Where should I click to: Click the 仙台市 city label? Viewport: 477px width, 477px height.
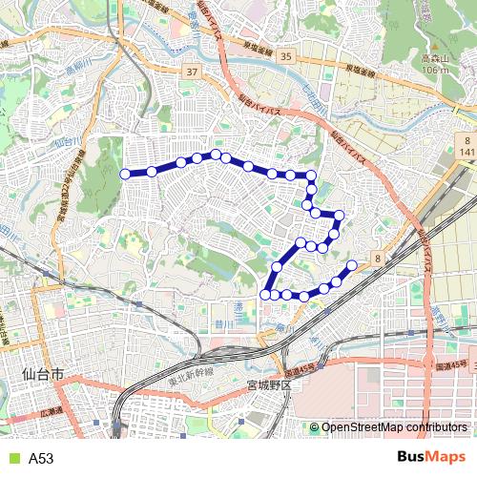(41, 376)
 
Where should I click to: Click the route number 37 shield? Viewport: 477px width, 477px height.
(193, 73)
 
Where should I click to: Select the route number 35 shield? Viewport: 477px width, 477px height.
(286, 57)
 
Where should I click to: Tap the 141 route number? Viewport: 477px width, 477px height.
(466, 152)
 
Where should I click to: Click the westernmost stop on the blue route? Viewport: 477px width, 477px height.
(124, 174)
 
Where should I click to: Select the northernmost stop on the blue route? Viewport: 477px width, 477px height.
(217, 154)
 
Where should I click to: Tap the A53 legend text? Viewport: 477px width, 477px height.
(41, 459)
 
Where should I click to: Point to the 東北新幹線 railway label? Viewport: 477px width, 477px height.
(193, 376)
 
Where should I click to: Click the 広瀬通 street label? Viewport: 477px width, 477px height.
(54, 412)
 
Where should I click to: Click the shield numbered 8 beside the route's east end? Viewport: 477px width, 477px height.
(379, 258)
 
